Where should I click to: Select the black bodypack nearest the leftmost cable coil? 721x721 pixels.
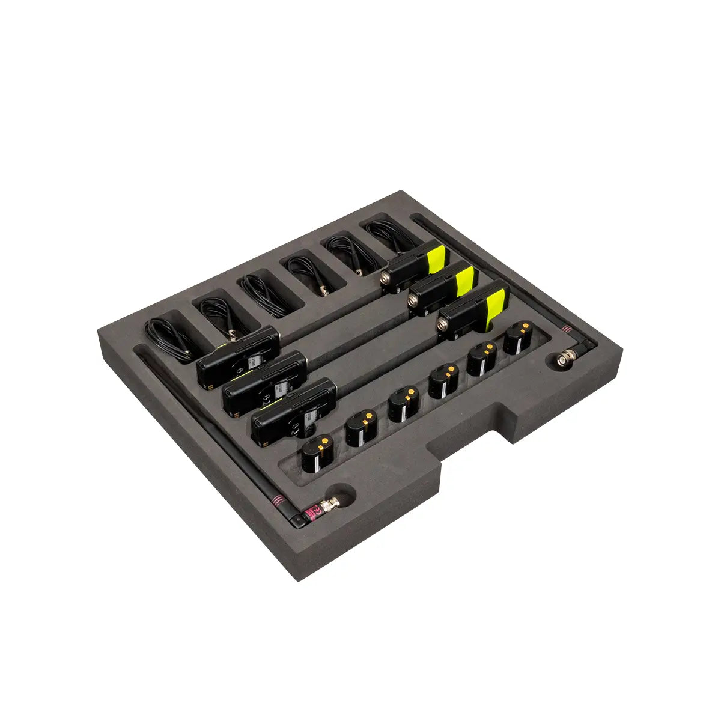(x=238, y=356)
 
